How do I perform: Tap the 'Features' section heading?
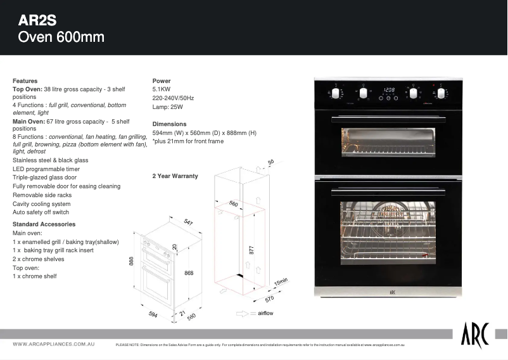(x=25, y=81)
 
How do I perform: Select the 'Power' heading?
(x=162, y=81)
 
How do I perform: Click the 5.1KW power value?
(x=163, y=90)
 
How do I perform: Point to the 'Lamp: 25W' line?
(x=168, y=107)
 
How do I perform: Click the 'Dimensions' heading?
(x=169, y=124)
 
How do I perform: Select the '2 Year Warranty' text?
(x=175, y=176)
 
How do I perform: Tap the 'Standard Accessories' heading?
(x=44, y=224)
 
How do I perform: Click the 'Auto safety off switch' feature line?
(x=41, y=212)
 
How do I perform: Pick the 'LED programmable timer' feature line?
(x=46, y=169)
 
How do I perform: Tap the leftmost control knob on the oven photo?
(x=337, y=93)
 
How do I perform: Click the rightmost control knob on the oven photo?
(x=441, y=93)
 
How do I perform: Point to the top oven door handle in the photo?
(x=388, y=118)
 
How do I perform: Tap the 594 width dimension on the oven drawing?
(x=152, y=315)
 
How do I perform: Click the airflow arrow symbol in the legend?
(x=244, y=314)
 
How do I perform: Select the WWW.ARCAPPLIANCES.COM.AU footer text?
(x=54, y=344)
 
